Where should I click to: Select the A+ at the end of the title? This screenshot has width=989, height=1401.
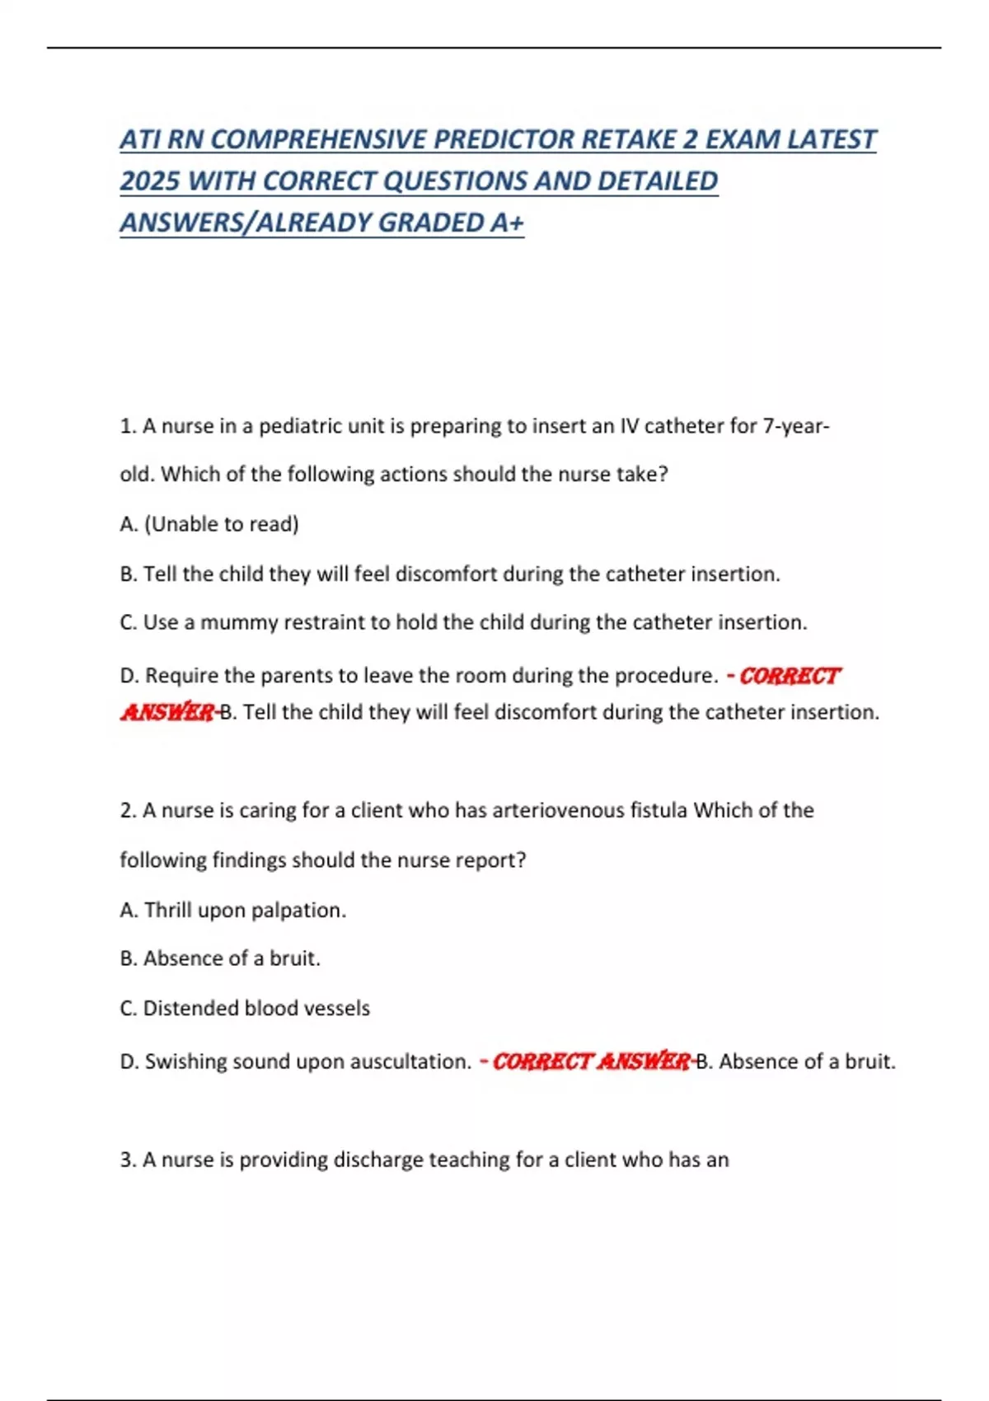point(506,223)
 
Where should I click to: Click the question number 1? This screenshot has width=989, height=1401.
point(127,426)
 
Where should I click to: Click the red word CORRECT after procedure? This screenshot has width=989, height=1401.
point(789,676)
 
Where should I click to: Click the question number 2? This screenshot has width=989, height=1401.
point(127,810)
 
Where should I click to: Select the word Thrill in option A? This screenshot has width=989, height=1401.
point(168,910)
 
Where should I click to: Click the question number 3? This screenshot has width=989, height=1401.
point(127,1160)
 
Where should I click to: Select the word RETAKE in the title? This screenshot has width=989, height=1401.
point(629,139)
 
